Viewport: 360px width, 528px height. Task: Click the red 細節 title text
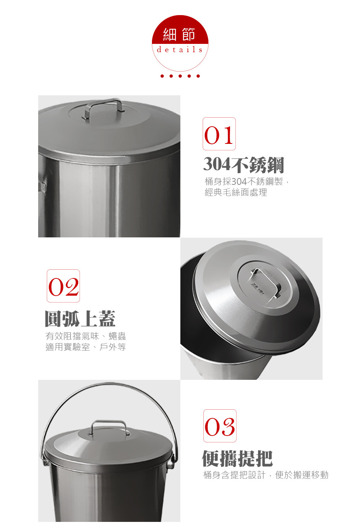(x=179, y=34)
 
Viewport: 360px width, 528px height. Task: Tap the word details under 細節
(x=180, y=50)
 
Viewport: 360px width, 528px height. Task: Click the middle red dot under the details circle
(x=180, y=76)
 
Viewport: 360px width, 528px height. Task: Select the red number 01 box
(x=219, y=134)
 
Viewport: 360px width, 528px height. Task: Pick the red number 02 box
(x=63, y=286)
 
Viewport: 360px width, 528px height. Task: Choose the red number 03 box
(x=220, y=426)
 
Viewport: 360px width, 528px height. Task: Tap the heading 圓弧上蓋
(x=80, y=319)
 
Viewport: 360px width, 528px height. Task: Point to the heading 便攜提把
(x=238, y=459)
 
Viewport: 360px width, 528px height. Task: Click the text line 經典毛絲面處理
(x=236, y=192)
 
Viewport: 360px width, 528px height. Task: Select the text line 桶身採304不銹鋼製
(x=244, y=182)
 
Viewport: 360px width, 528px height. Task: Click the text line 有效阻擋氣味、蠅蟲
(x=86, y=336)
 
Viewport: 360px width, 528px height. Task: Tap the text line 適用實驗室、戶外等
(x=86, y=347)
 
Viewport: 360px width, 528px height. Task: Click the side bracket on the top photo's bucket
(x=42, y=186)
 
